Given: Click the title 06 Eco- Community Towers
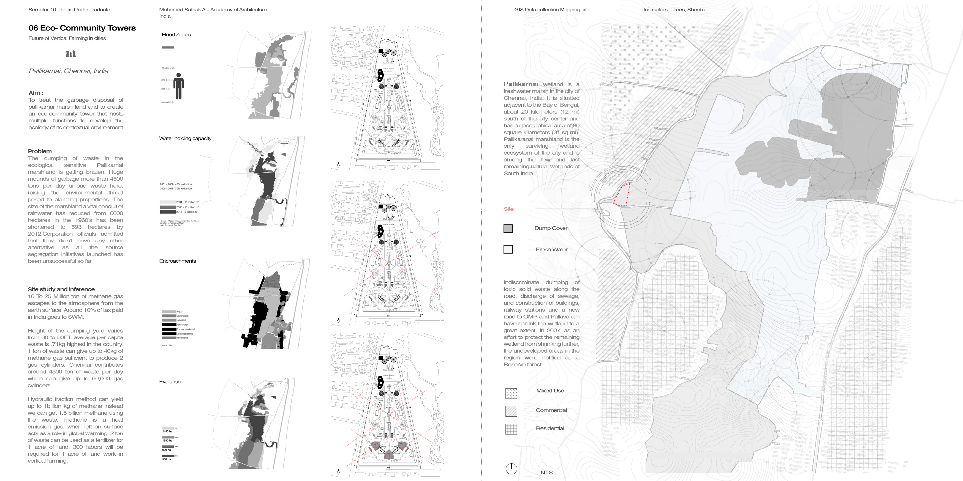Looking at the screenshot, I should point(82,28).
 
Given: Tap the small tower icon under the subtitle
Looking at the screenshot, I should point(71,54).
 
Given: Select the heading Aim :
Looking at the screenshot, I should point(36,93).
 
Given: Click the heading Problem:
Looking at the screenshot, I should point(40,151).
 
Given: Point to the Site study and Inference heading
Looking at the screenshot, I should point(62,289).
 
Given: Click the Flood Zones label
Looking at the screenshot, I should point(176,35).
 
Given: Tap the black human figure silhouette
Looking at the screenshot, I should point(179,86).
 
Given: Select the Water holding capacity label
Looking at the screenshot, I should point(185,138).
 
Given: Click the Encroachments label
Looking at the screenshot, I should point(177,261).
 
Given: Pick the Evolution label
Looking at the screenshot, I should point(170,382).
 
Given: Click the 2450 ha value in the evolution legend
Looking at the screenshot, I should point(167,431).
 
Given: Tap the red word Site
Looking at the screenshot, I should point(508,209).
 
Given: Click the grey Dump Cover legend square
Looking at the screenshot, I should point(508,229).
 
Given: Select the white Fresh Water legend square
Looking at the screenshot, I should point(508,249).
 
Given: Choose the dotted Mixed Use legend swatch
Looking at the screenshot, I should point(511,393).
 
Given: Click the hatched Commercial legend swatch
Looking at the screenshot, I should point(511,411).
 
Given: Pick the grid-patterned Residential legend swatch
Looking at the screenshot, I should point(511,429).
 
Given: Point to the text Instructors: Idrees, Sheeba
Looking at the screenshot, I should point(674,10).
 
